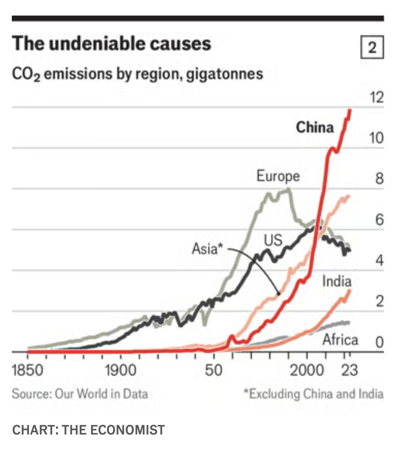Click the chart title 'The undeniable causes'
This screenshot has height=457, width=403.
(x=111, y=43)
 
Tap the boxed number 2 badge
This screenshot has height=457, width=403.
(x=372, y=47)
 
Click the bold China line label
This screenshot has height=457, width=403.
(x=315, y=127)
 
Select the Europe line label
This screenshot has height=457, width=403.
(x=278, y=176)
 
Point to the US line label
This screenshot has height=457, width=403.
(x=273, y=240)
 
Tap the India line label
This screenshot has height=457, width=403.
(x=337, y=281)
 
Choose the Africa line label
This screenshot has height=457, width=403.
(x=340, y=339)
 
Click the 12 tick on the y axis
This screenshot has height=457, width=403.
(x=376, y=98)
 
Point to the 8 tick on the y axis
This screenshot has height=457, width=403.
(x=379, y=179)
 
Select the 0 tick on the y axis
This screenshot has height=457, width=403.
(x=379, y=342)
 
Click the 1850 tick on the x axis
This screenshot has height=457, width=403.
(x=27, y=370)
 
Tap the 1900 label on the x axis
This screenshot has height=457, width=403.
(x=120, y=370)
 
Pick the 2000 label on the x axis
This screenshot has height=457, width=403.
(x=307, y=370)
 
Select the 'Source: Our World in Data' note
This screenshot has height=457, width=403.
(x=80, y=393)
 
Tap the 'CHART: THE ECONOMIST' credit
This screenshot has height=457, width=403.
(x=88, y=430)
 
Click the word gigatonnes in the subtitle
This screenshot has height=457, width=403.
(x=225, y=73)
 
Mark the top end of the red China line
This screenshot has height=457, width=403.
(x=350, y=110)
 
